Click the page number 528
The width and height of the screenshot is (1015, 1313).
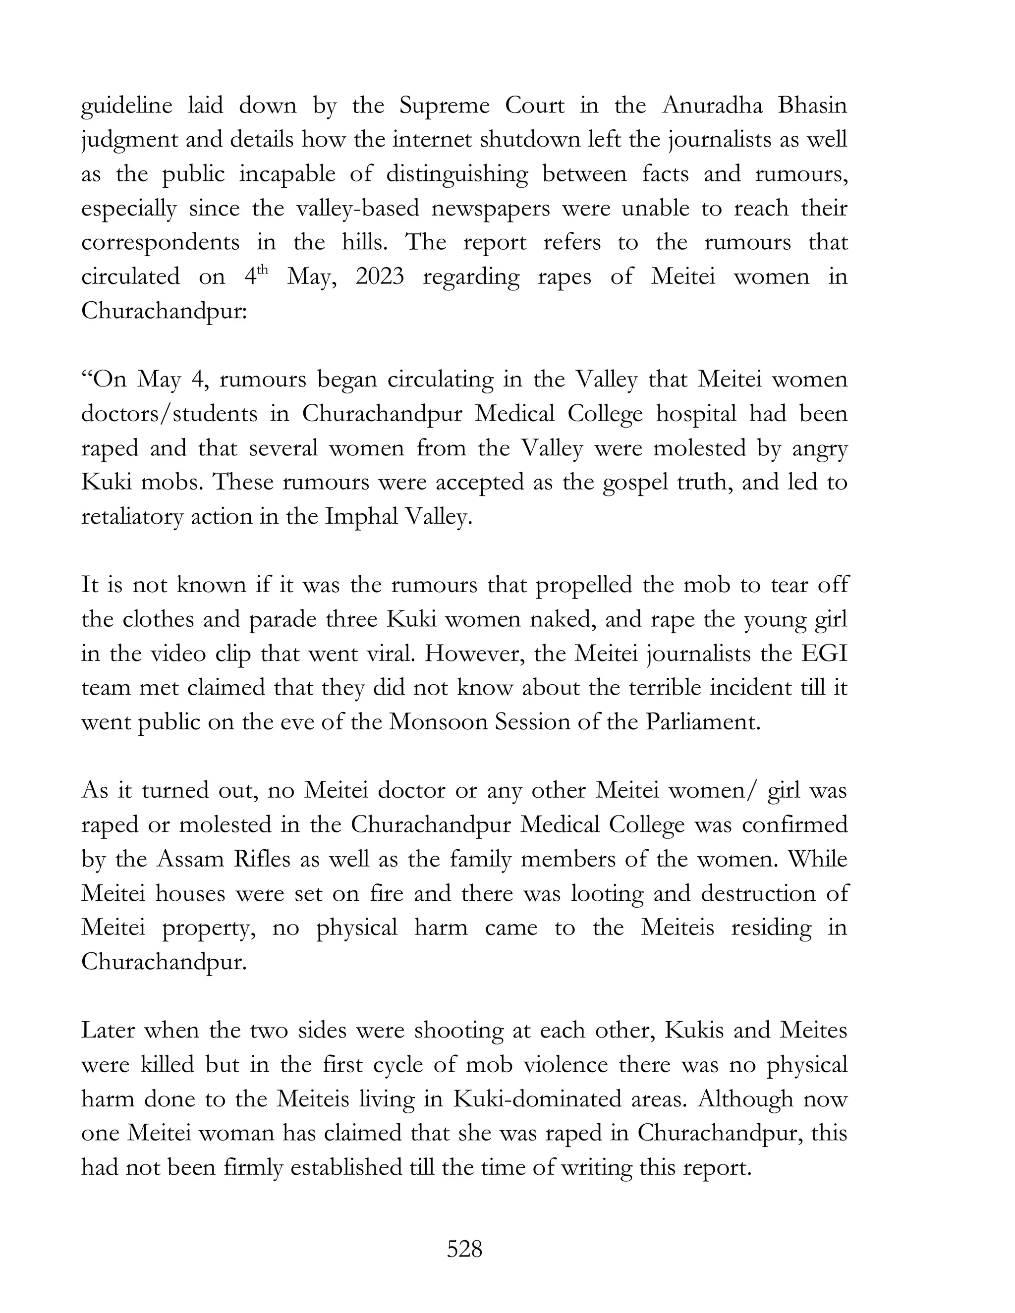click(464, 1249)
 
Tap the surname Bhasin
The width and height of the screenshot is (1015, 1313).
click(812, 106)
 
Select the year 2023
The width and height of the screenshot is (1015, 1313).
click(380, 277)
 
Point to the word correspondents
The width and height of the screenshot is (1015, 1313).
click(161, 243)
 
